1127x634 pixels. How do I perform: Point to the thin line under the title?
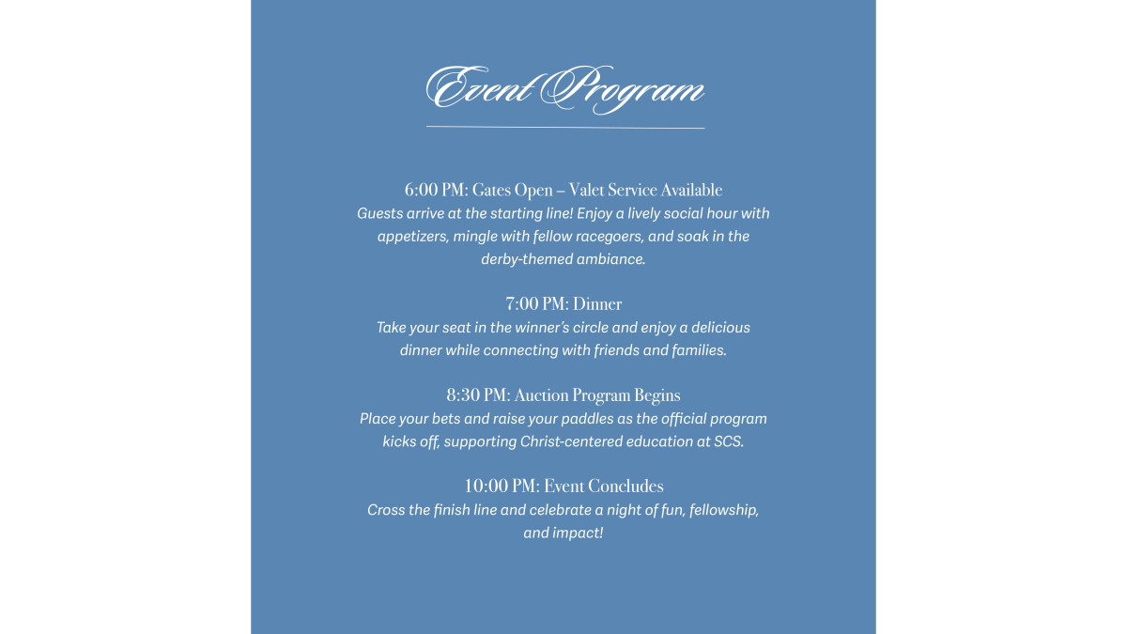pos(564,127)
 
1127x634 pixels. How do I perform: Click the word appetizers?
pos(412,237)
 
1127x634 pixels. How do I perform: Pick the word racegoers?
pos(604,237)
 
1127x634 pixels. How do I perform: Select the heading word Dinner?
pos(597,304)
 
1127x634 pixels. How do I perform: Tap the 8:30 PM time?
pos(477,395)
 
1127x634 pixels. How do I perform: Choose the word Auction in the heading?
pos(542,395)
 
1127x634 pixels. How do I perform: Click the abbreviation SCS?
pos(729,441)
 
